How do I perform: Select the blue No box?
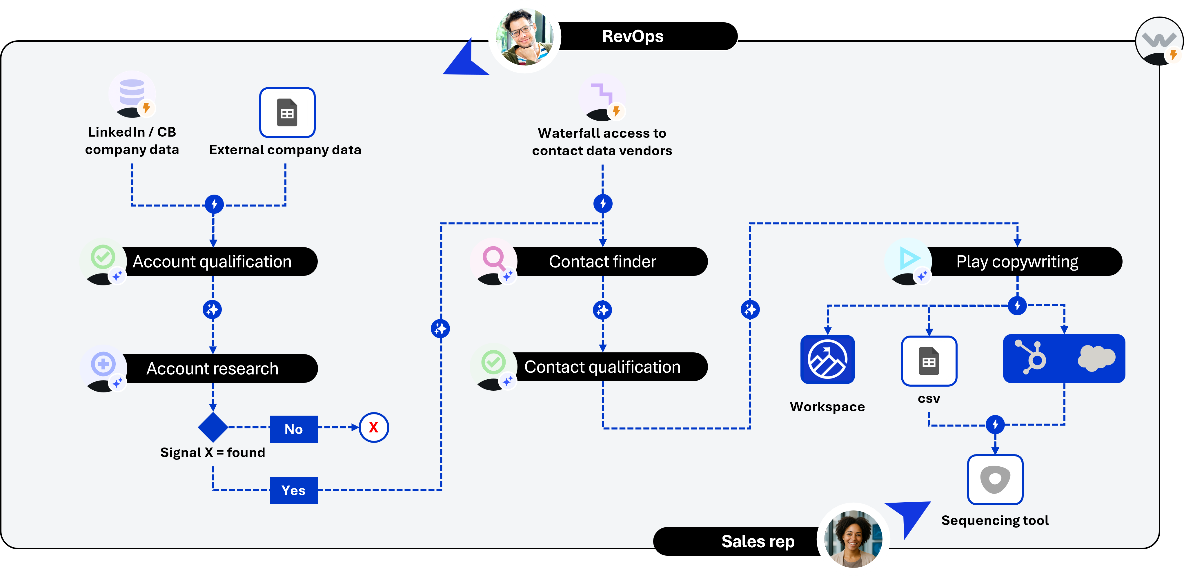point(293,429)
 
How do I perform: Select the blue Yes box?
point(293,490)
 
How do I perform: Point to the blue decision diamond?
point(213,427)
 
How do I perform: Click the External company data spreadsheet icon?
point(287,113)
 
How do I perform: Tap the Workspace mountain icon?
point(827,359)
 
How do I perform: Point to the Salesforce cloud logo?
point(1096,358)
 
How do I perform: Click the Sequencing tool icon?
point(995,479)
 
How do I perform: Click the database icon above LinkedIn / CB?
point(132,92)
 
